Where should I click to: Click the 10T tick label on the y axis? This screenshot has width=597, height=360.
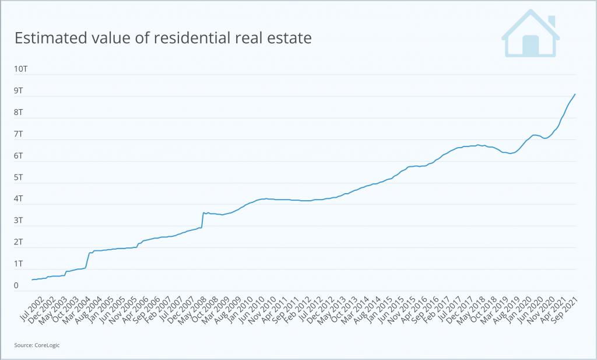(21, 69)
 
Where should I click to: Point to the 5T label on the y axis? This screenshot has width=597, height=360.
(19, 177)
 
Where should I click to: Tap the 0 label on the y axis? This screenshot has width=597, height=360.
(17, 285)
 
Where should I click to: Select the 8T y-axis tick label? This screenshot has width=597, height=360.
(19, 112)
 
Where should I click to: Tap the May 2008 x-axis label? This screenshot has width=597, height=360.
(192, 310)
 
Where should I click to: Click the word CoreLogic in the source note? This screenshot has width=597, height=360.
(47, 345)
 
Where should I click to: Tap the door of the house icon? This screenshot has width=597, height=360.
(531, 46)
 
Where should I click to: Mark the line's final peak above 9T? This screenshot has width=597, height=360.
(575, 94)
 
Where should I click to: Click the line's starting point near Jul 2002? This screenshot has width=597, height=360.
(32, 280)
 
